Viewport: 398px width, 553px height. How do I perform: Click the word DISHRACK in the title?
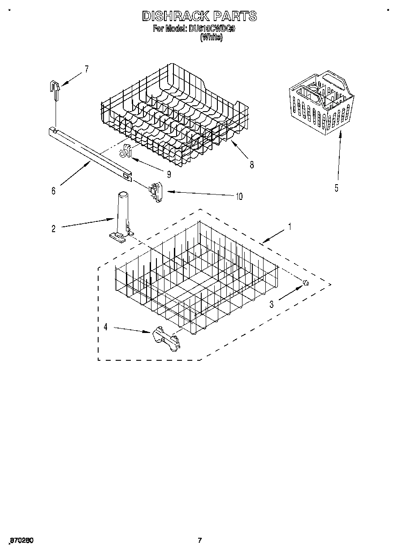[x=176, y=17]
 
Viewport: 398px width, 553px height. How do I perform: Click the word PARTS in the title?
[x=235, y=17]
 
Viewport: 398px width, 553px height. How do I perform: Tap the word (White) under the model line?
[x=211, y=38]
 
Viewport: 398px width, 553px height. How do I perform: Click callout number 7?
[x=86, y=69]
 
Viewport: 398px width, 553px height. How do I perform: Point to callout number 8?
[x=251, y=164]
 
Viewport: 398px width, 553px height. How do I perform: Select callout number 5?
[x=337, y=188]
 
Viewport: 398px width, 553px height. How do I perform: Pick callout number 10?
[x=238, y=196]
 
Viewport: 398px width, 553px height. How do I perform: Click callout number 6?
[x=53, y=191]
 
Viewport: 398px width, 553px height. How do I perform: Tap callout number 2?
[x=53, y=229]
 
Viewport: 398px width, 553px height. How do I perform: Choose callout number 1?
[x=290, y=227]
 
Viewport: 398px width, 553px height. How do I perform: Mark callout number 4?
[x=105, y=327]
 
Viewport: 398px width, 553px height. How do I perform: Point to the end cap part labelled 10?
[x=156, y=191]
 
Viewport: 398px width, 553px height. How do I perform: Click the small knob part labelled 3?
[x=306, y=282]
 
